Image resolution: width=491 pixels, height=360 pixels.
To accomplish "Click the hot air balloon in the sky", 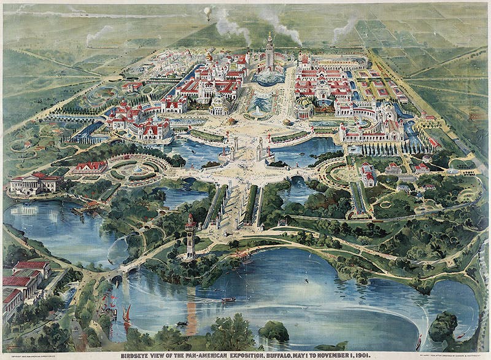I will pos(207,12).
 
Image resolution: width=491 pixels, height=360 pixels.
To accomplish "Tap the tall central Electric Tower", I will pos(269,52).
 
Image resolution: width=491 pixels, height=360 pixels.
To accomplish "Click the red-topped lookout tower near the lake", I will pos(190,235).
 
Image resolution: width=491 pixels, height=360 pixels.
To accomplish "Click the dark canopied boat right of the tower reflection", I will pos(228,299).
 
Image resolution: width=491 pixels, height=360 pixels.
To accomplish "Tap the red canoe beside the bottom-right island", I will pos(419,342).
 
